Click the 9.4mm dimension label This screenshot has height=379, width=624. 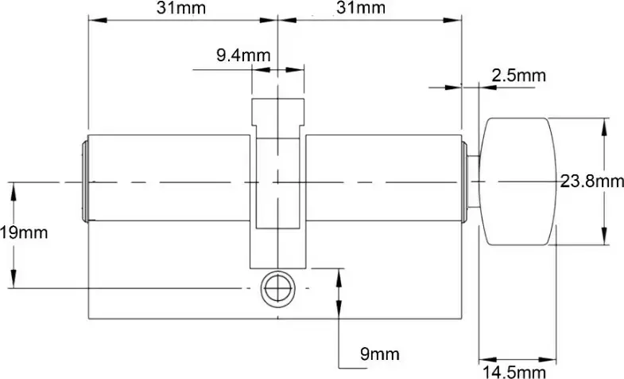[243, 56]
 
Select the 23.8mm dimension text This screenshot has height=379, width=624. [591, 182]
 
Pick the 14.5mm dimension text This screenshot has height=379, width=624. [516, 371]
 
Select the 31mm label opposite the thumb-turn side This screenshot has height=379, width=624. [182, 9]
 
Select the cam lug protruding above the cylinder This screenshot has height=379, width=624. [277, 116]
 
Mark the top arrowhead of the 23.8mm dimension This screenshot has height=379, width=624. [607, 123]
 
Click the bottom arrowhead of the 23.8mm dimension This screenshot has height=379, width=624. [607, 240]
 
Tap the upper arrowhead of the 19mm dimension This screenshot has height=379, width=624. [12, 189]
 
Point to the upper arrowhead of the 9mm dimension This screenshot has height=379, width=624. [341, 275]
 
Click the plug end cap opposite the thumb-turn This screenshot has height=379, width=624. [85, 182]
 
